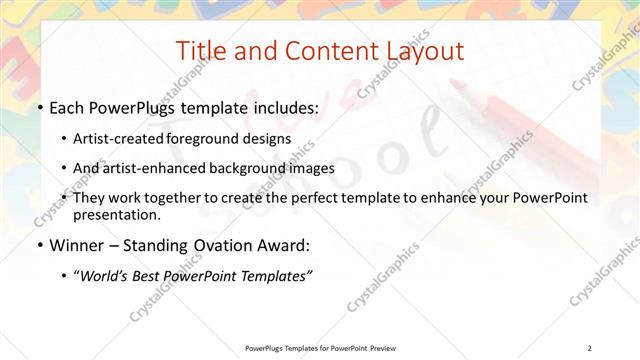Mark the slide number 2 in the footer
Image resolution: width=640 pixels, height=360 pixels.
[x=590, y=347]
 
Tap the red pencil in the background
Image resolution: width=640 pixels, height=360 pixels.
[x=520, y=104]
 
